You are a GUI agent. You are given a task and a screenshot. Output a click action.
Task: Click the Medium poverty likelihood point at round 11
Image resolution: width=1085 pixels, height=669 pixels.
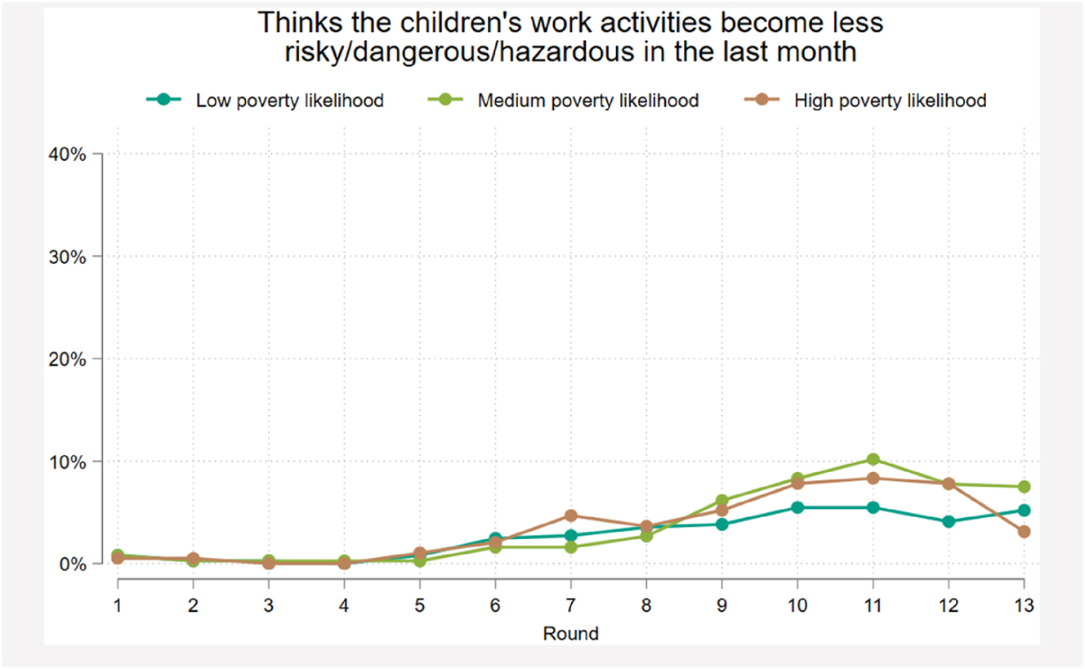(873, 459)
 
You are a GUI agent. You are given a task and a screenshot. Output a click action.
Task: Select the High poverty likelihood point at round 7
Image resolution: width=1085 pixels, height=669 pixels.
(570, 515)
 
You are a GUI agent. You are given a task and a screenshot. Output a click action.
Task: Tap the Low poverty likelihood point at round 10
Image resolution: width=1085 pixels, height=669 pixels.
(797, 507)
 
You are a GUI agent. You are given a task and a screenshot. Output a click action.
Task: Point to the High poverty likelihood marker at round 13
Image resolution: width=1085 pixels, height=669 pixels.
(1024, 532)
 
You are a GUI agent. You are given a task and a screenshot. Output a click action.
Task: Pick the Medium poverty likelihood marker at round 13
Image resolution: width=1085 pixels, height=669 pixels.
(1024, 486)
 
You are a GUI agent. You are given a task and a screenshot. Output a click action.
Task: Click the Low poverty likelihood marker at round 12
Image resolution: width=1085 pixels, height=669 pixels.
(949, 521)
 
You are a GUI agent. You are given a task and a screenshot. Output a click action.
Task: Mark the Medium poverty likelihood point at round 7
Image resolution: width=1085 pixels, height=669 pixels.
(570, 546)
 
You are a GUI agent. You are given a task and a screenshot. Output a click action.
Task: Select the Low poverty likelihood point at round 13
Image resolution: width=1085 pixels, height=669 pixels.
(1024, 511)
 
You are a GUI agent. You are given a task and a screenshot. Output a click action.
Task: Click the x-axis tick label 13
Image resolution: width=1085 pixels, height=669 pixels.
(1024, 605)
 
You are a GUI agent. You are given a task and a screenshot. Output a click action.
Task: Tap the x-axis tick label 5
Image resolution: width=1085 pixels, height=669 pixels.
(419, 605)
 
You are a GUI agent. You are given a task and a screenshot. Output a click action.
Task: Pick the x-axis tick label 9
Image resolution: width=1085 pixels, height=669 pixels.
(721, 605)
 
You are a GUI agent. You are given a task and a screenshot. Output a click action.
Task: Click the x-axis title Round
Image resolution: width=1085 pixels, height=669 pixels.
(570, 633)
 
